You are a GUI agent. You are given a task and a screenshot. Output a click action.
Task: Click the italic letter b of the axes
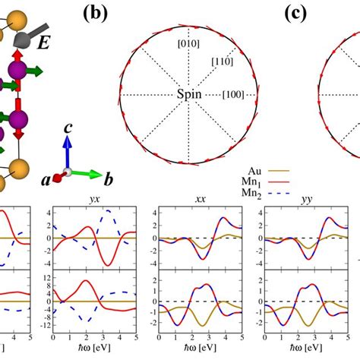109,180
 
